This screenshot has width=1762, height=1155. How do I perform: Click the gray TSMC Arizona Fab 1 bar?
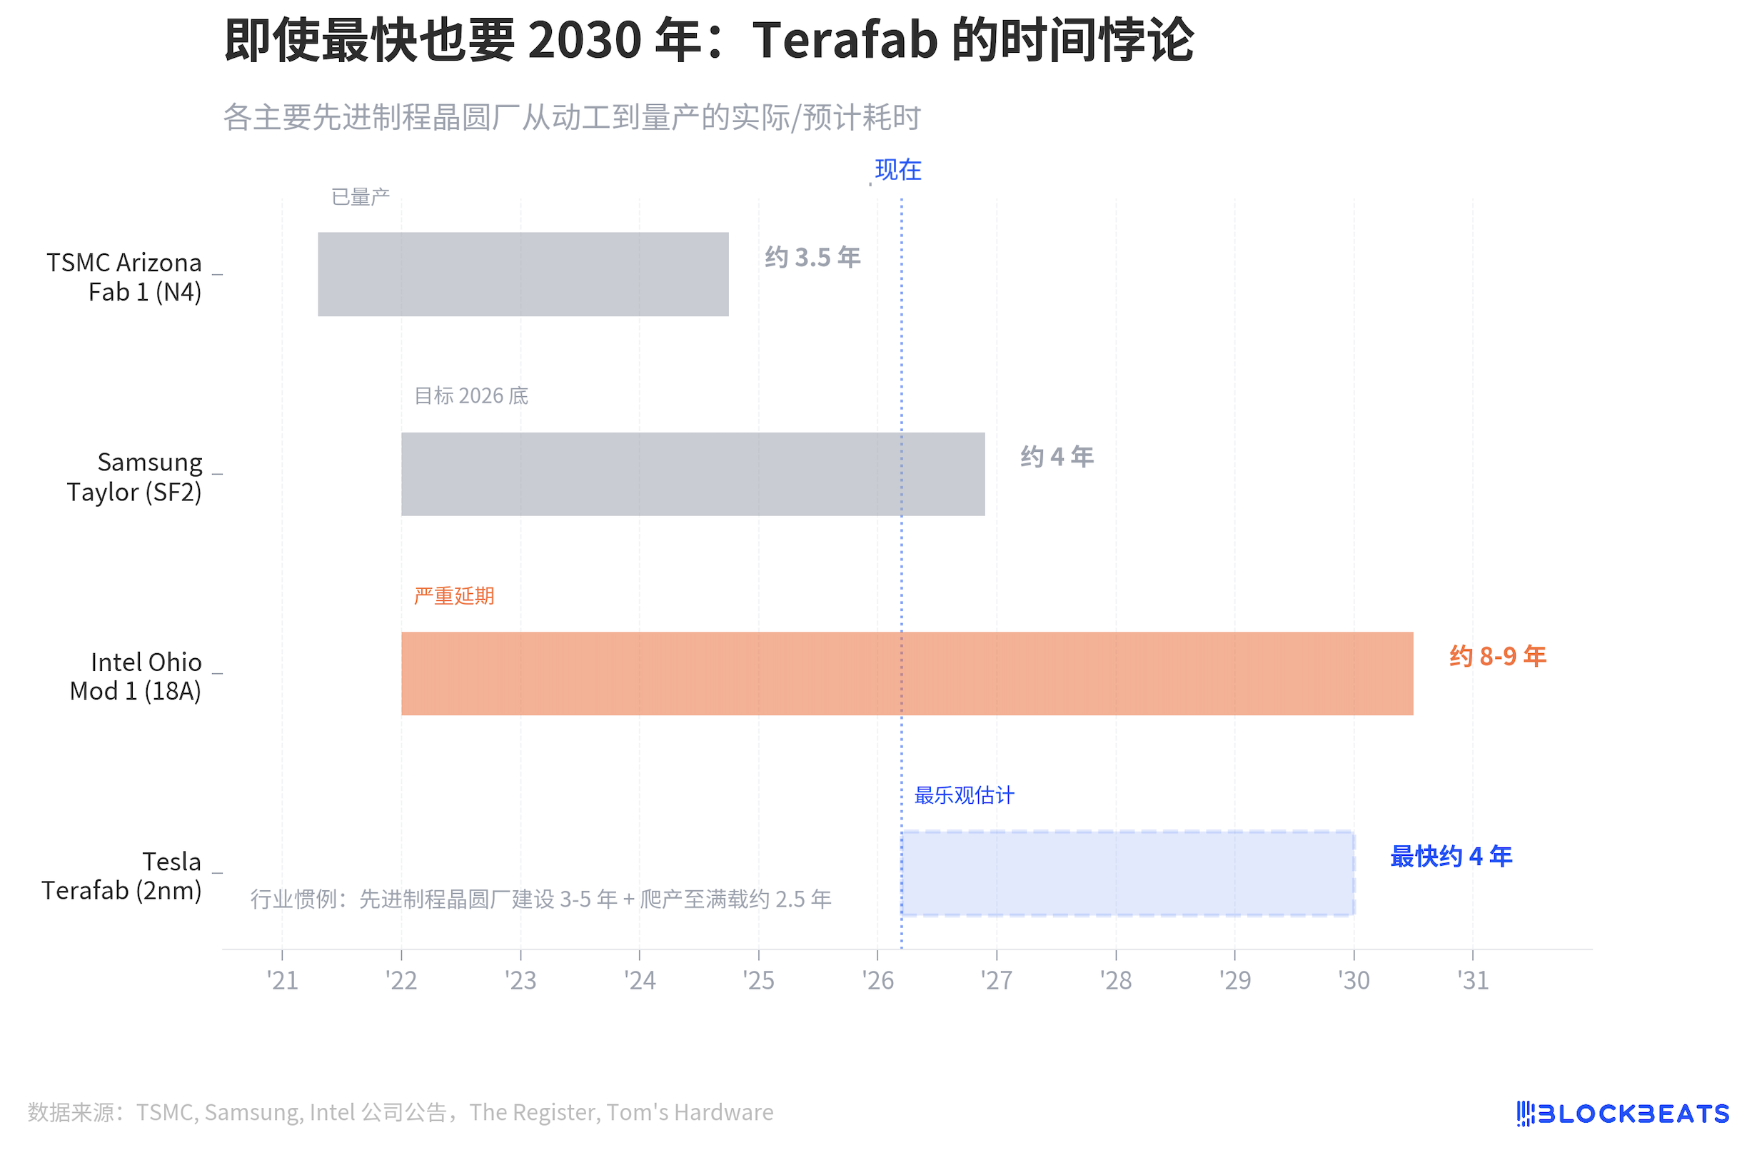pyautogui.click(x=523, y=274)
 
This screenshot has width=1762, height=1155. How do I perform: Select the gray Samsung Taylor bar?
pyautogui.click(x=693, y=474)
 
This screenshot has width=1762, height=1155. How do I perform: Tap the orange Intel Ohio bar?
pyautogui.click(x=906, y=673)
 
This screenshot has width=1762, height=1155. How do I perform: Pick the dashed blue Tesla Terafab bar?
pyautogui.click(x=1127, y=873)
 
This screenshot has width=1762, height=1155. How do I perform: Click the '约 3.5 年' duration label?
pyautogui.click(x=812, y=258)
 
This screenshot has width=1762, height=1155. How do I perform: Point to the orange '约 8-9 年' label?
pyautogui.click(x=1497, y=657)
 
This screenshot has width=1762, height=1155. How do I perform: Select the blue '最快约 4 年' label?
pyautogui.click(x=1450, y=857)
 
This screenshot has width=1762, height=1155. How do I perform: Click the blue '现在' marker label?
pyautogui.click(x=897, y=171)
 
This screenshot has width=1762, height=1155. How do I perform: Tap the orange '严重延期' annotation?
pyautogui.click(x=453, y=596)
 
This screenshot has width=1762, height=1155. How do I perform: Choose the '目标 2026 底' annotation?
pyautogui.click(x=471, y=396)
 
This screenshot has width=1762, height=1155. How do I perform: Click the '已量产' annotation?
pyautogui.click(x=360, y=197)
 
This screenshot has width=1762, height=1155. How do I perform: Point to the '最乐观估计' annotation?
pyautogui.click(x=964, y=796)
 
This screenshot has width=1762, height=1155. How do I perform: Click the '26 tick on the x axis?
pyautogui.click(x=877, y=980)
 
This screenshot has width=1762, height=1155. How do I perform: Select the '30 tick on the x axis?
pyautogui.click(x=1354, y=980)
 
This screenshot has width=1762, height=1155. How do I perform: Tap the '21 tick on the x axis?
pyautogui.click(x=282, y=980)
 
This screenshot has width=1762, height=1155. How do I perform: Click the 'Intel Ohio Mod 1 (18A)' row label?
pyautogui.click(x=136, y=676)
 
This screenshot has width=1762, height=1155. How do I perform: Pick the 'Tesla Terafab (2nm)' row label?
pyautogui.click(x=122, y=876)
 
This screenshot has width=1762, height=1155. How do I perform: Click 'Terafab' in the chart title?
pyautogui.click(x=845, y=40)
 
